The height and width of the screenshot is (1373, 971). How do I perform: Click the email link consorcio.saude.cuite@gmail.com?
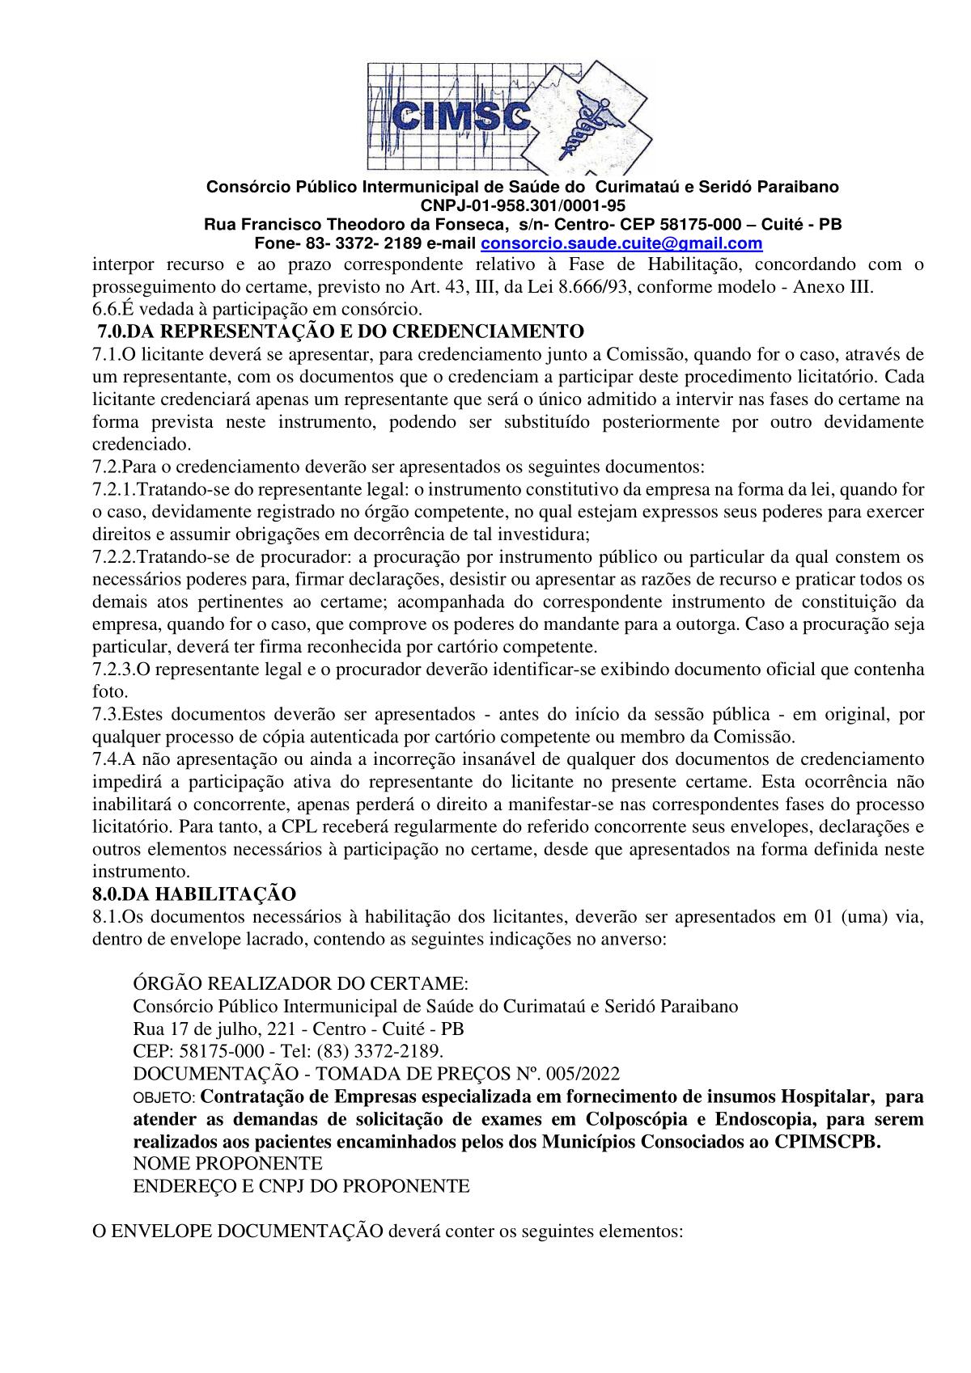(x=621, y=243)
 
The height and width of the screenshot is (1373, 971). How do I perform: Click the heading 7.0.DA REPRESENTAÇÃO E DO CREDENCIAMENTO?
(x=340, y=332)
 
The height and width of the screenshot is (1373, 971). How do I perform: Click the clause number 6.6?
(x=107, y=309)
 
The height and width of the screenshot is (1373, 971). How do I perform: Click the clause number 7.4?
(x=107, y=759)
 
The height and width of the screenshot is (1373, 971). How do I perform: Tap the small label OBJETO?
(x=163, y=1098)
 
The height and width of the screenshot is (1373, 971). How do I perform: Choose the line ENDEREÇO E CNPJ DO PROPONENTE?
(x=301, y=1187)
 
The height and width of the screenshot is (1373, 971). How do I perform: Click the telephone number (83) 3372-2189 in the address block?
(x=380, y=1052)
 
